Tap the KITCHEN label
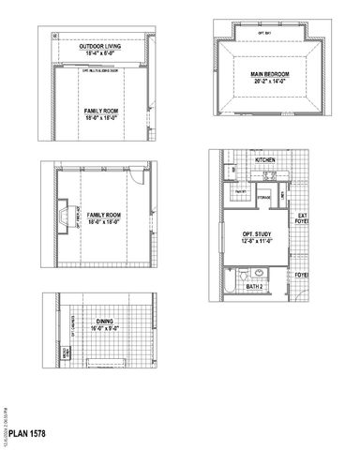click(264, 160)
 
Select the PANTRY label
click(240, 191)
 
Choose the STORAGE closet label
click(263, 198)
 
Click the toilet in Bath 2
click(245, 275)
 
